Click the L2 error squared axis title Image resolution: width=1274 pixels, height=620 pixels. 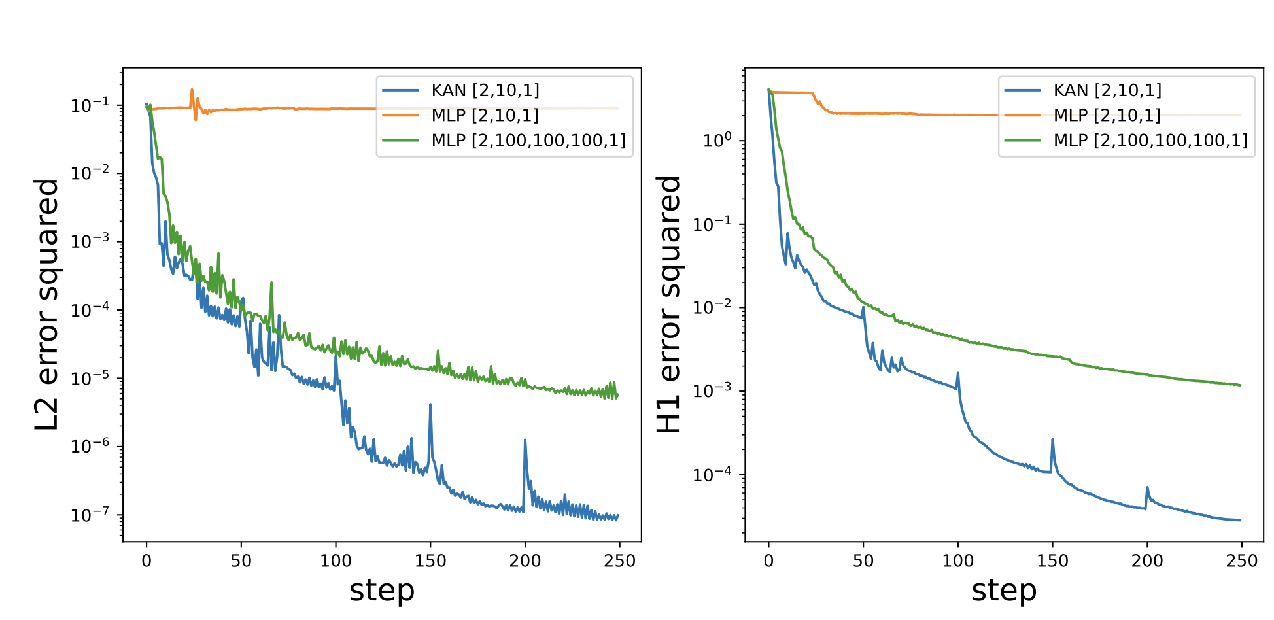click(x=47, y=305)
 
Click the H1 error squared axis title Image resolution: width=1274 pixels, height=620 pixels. click(x=668, y=305)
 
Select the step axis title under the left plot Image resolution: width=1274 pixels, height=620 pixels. click(x=382, y=591)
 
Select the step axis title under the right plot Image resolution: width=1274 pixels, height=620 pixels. click(x=1004, y=591)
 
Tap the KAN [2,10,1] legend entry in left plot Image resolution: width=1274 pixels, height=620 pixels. click(x=485, y=90)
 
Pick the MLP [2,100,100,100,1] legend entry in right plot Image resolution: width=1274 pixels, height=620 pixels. click(x=1150, y=141)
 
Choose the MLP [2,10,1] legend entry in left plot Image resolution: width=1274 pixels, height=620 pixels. click(x=485, y=116)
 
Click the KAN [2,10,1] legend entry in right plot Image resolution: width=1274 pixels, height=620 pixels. click(x=1107, y=90)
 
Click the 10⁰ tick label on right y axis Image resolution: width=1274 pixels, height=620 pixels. click(x=717, y=141)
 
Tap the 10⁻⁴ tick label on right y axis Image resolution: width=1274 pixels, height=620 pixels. click(x=714, y=475)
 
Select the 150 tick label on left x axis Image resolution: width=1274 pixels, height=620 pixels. click(x=430, y=561)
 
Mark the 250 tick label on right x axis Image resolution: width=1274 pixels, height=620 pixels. click(x=1241, y=561)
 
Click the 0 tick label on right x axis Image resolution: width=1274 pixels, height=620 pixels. click(x=768, y=561)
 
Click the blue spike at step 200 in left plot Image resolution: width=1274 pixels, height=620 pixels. click(x=525, y=441)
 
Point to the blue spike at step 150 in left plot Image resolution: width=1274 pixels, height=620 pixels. click(x=430, y=405)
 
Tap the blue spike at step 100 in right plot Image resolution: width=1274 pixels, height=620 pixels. click(x=958, y=374)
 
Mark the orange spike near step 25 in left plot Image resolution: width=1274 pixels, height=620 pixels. click(x=192, y=90)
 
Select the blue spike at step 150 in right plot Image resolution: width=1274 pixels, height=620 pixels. click(x=1053, y=440)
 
